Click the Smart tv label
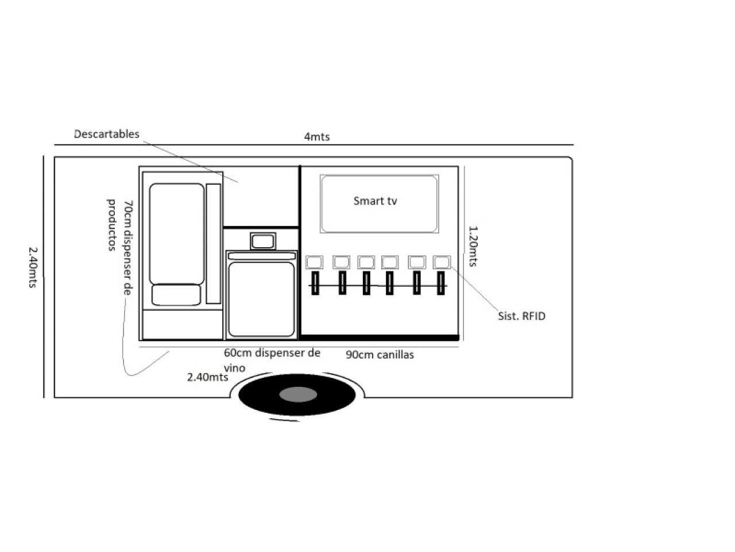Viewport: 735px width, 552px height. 375,201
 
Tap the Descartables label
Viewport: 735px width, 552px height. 106,134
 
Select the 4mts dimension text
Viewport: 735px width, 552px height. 317,137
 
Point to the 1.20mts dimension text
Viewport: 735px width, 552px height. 473,246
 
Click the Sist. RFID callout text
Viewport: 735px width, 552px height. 521,316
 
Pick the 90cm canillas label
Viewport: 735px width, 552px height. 380,355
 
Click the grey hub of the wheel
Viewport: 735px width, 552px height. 297,394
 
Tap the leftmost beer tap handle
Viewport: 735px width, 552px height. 315,283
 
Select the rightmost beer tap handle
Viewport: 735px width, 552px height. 440,283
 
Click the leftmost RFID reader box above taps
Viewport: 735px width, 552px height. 314,262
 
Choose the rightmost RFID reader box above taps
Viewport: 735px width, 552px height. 442,262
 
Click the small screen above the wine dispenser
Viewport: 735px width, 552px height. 263,241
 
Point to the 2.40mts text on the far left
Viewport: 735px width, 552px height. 33,267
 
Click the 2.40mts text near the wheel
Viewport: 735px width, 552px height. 207,377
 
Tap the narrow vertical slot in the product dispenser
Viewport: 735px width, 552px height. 213,244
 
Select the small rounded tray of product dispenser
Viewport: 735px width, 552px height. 176,295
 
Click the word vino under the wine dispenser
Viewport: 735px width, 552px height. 234,369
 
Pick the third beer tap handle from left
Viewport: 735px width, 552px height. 366,283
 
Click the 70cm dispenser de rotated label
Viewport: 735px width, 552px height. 128,248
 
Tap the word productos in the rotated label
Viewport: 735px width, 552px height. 111,225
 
